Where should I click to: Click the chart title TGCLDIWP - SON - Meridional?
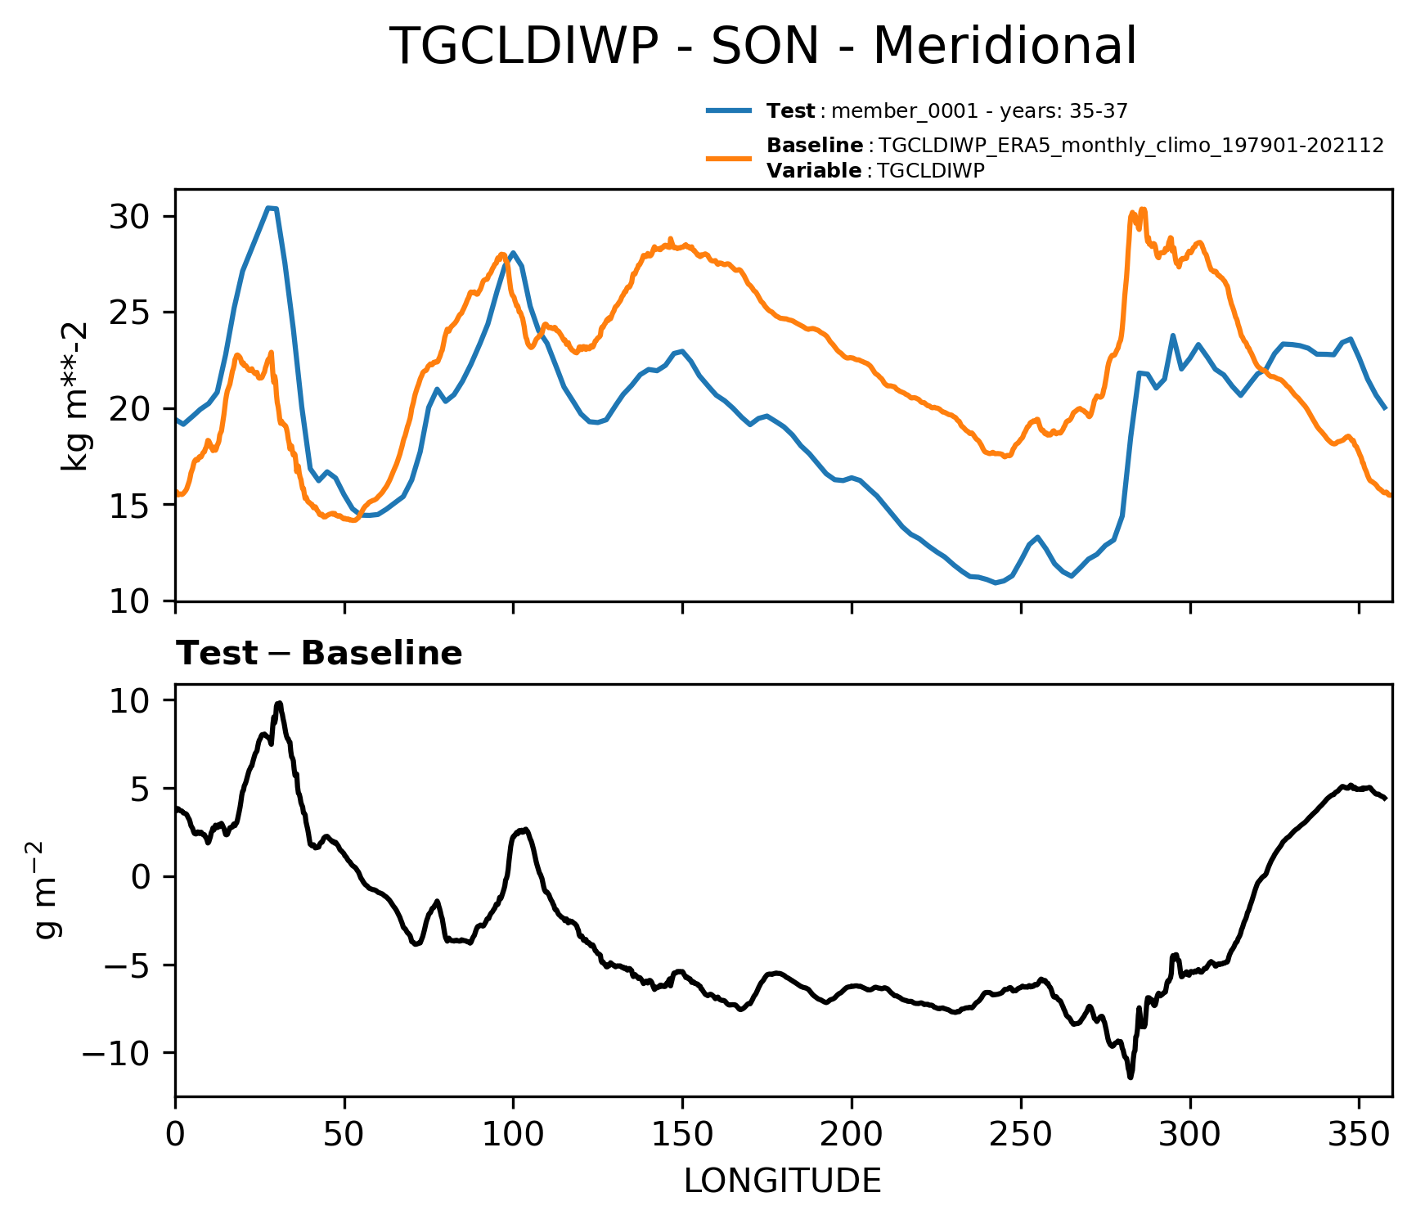[x=762, y=47]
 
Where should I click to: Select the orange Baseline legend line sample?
[x=729, y=158]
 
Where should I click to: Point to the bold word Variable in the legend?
[x=814, y=171]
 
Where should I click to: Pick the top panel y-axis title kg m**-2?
[x=75, y=396]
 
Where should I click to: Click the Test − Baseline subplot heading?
[x=319, y=654]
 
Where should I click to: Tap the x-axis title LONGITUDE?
[x=783, y=1181]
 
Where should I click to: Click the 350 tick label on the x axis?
[x=1358, y=1136]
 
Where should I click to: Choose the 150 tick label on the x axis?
[x=682, y=1136]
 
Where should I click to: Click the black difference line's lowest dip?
[x=1131, y=1077]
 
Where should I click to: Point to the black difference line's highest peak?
[x=279, y=703]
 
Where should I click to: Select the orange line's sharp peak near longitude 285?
[x=1143, y=209]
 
